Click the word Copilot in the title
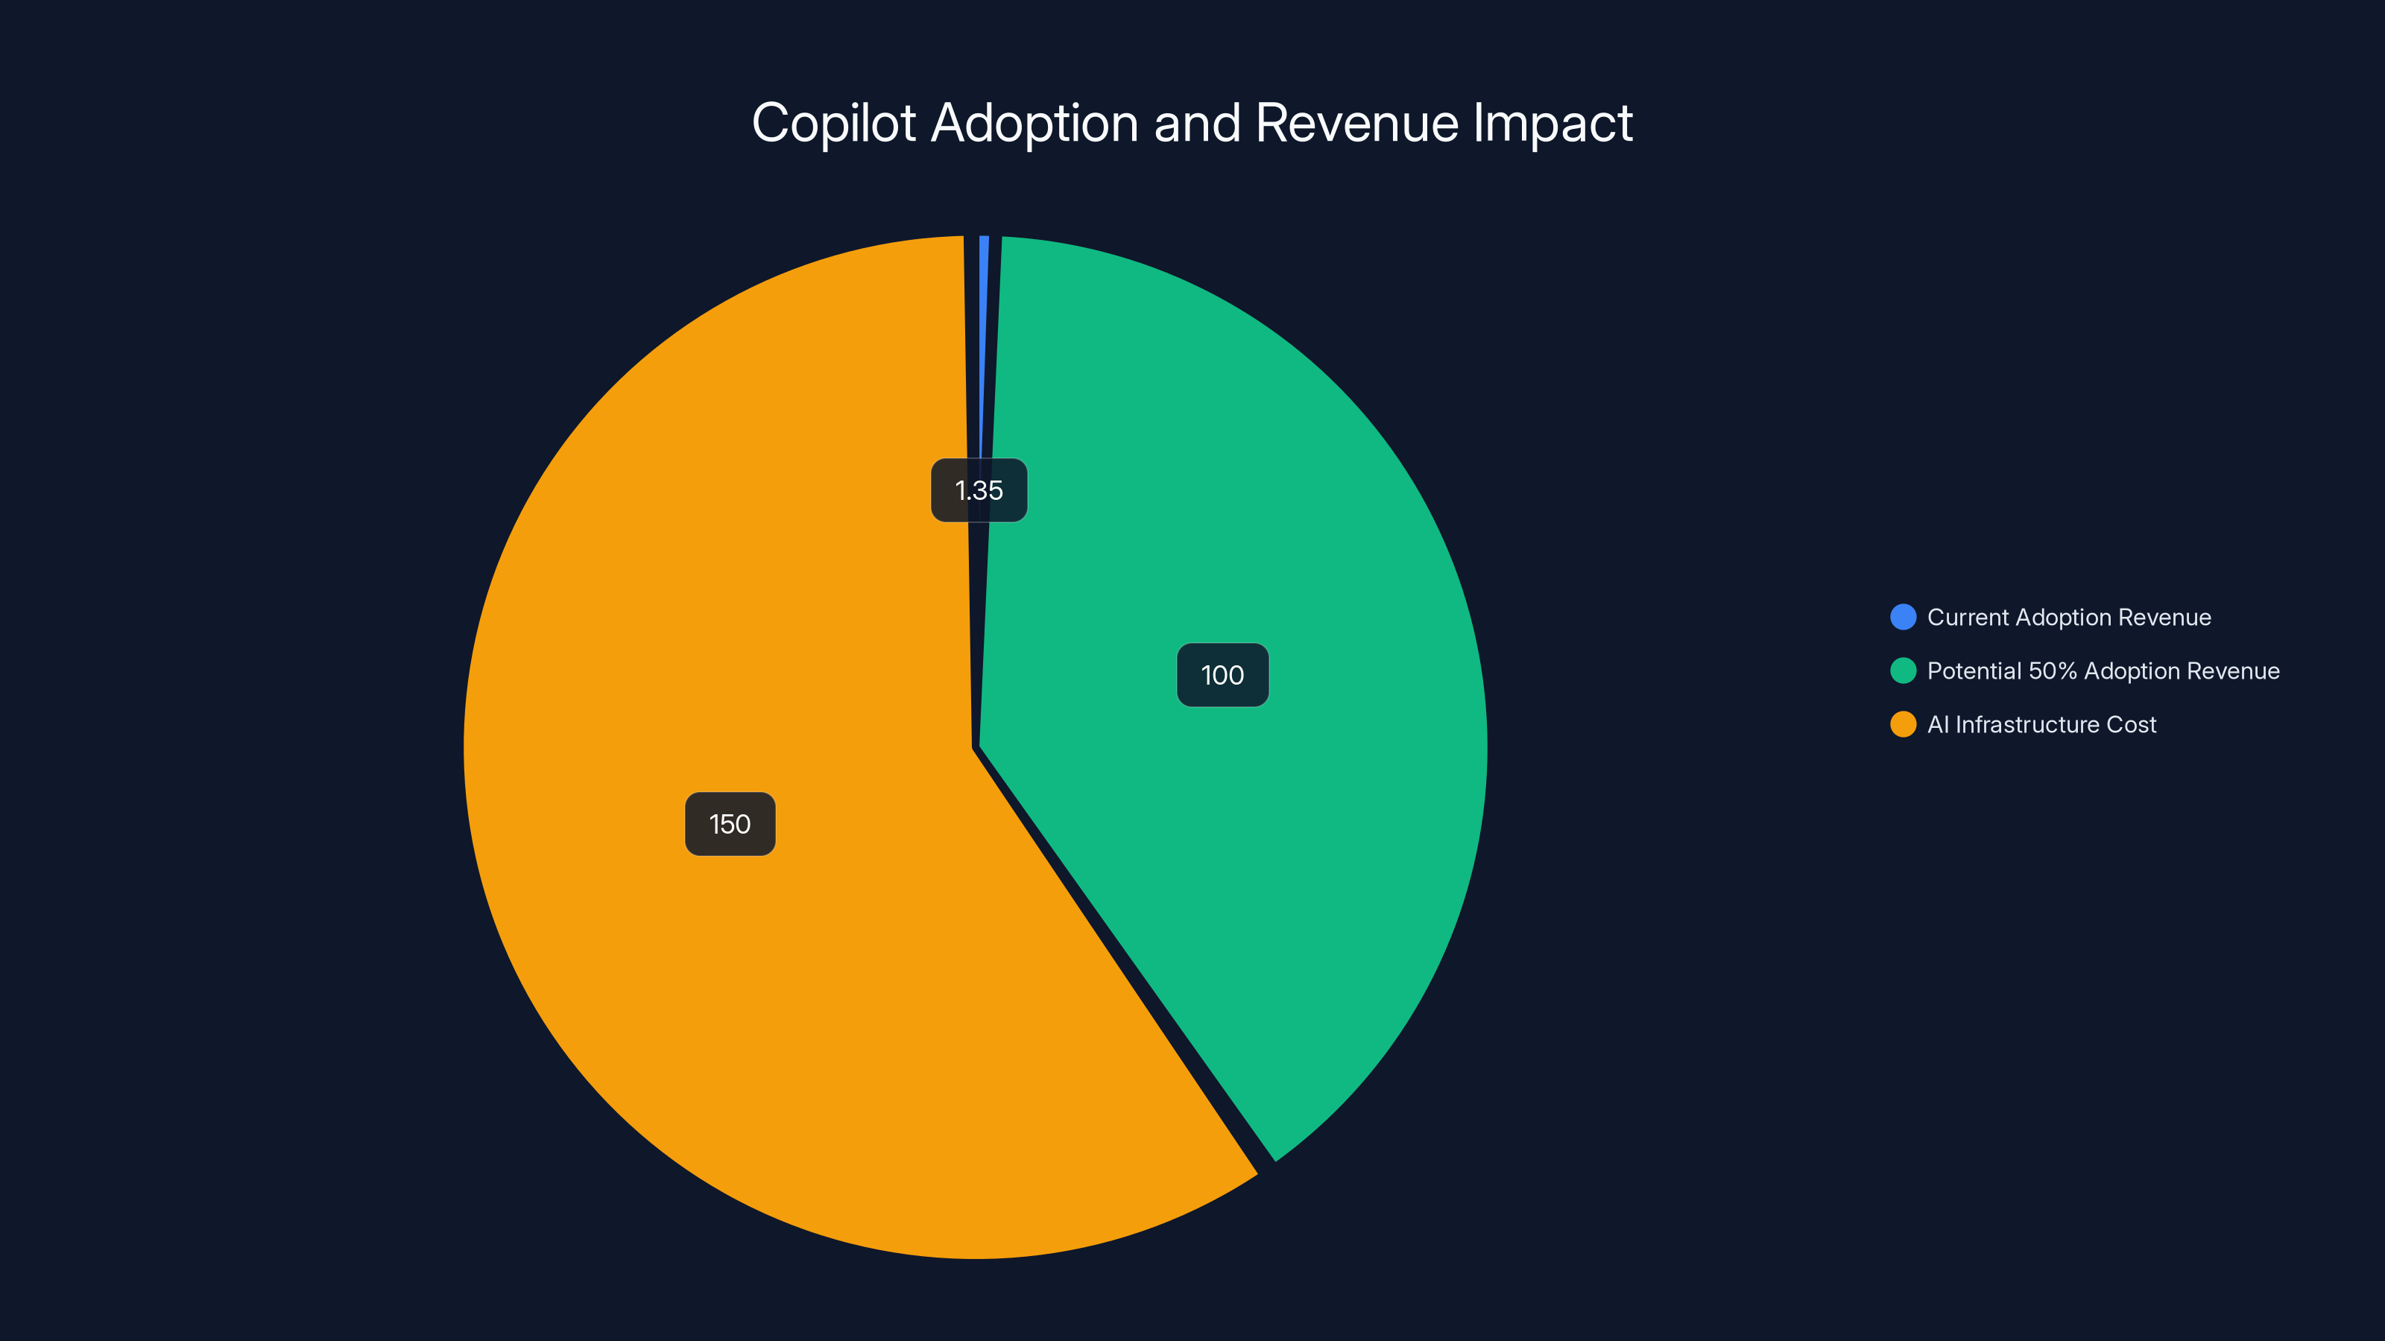point(833,124)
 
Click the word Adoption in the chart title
point(1034,124)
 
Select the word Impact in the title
point(1552,124)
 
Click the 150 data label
point(730,824)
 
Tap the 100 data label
point(1222,675)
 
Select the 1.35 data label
point(979,490)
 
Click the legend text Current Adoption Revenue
point(2068,618)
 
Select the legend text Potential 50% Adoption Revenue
point(2103,671)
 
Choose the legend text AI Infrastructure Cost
point(2041,725)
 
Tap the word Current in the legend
point(1968,618)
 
